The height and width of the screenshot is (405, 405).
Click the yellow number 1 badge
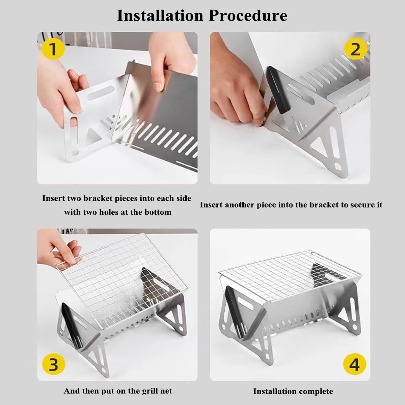pos(53,49)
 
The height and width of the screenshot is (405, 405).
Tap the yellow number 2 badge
pos(355,50)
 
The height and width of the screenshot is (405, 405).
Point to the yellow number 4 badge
pos(354,365)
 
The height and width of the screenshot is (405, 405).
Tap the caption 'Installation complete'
pos(293,391)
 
